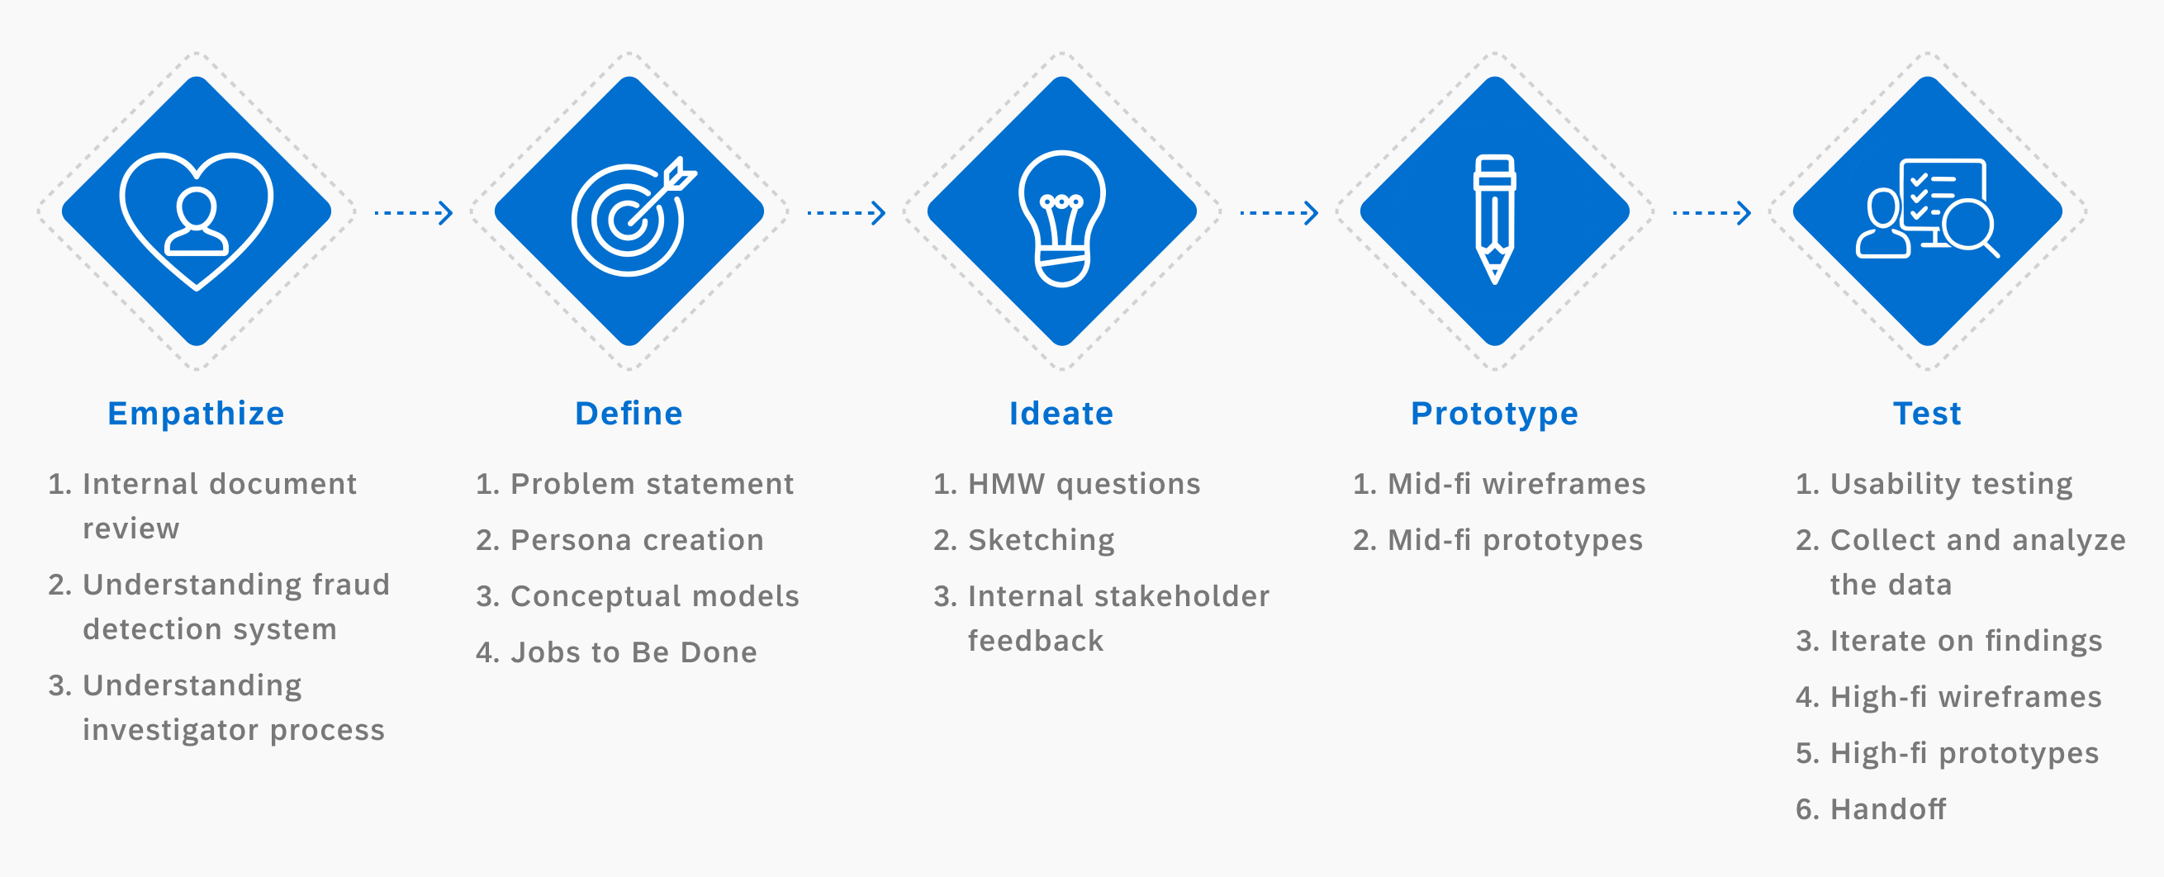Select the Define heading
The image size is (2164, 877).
coord(629,413)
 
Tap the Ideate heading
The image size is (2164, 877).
coord(1061,413)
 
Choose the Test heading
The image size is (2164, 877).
coord(1927,413)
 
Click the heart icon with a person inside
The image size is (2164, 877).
coord(197,221)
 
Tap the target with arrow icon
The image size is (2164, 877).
coord(633,216)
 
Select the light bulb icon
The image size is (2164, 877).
coord(1062,218)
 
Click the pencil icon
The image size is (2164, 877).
coord(1494,218)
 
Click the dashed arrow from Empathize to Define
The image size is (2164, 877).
coord(413,212)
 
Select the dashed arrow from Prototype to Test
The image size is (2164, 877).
coord(1712,212)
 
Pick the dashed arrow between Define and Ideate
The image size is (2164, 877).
coord(846,212)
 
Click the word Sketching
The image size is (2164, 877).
coord(1042,541)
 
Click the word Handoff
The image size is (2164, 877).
coord(1887,809)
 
